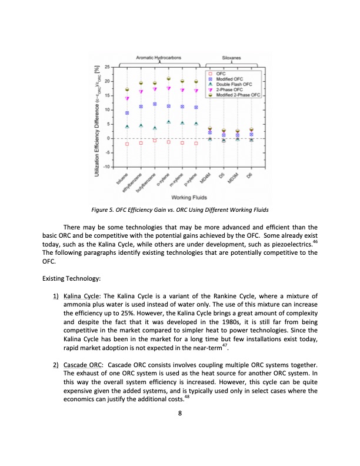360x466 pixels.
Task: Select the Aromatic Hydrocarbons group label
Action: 159,58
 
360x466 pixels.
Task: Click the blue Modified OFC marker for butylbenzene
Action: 155,104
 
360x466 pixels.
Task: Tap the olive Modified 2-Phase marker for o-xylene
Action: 168,79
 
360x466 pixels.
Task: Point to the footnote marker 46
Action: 314,240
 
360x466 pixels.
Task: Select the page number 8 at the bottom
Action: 179,412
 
